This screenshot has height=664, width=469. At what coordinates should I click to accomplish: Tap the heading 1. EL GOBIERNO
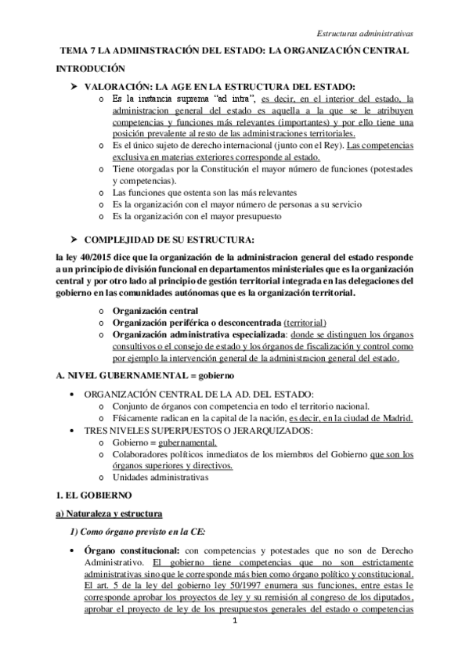pyautogui.click(x=90, y=496)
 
